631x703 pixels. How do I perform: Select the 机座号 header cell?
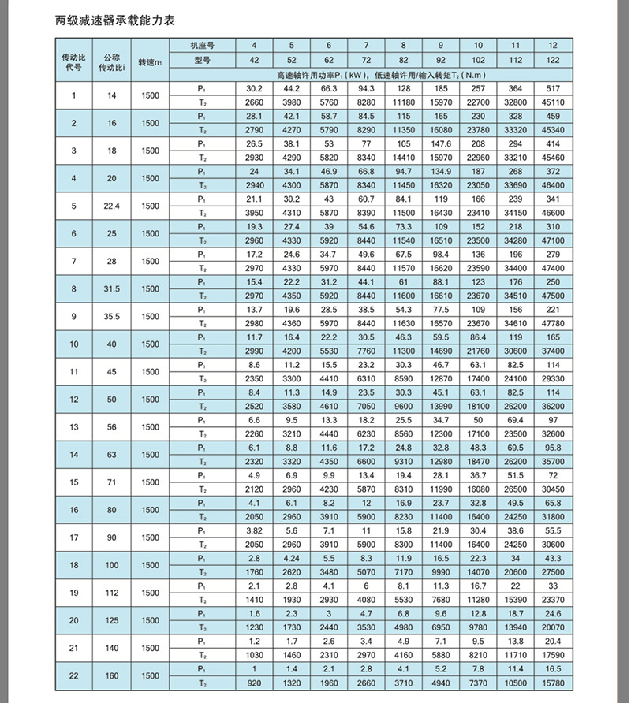(x=202, y=46)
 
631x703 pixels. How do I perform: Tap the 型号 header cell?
(x=202, y=60)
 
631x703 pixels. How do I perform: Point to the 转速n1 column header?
(x=150, y=61)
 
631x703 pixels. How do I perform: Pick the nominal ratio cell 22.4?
(x=110, y=206)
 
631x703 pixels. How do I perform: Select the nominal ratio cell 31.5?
(x=110, y=288)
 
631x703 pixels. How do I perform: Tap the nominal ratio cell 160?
(x=110, y=675)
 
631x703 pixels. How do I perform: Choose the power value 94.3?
(x=366, y=88)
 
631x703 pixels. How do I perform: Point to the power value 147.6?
(x=441, y=143)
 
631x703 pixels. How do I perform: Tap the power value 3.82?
(x=253, y=530)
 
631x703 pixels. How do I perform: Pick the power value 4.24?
(x=291, y=557)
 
